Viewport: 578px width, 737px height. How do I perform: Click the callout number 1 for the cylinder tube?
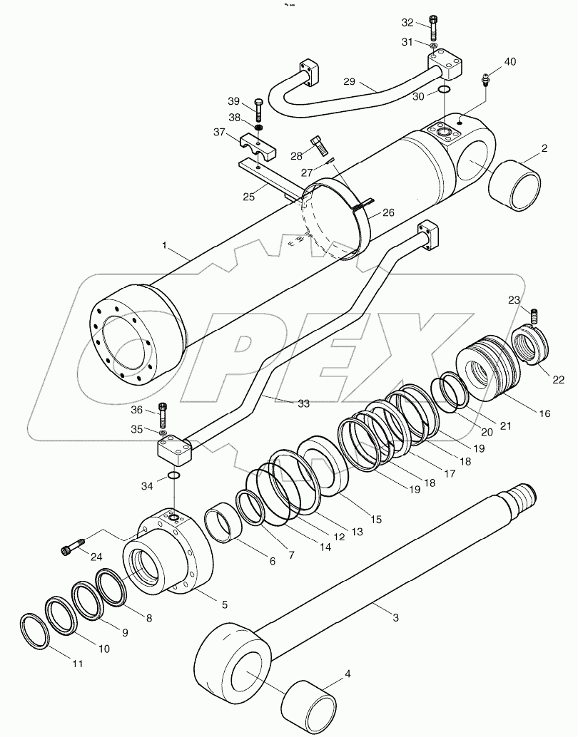[165, 245]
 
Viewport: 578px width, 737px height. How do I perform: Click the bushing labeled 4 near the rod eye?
[309, 701]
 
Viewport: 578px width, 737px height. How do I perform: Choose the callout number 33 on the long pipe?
[303, 403]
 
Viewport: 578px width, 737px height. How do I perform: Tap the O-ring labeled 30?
[443, 90]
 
